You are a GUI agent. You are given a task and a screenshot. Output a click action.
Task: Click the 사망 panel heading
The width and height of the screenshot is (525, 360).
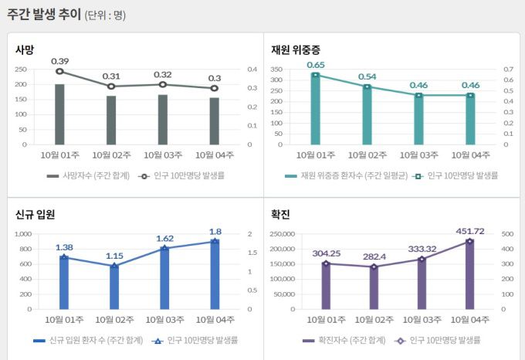pyautogui.click(x=25, y=49)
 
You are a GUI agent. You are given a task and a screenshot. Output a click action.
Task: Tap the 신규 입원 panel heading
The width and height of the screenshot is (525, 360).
pyautogui.click(x=35, y=214)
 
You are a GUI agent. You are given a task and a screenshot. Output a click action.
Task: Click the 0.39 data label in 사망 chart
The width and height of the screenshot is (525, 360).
pyautogui.click(x=60, y=61)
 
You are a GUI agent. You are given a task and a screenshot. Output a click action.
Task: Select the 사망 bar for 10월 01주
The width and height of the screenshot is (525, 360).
pyautogui.click(x=60, y=114)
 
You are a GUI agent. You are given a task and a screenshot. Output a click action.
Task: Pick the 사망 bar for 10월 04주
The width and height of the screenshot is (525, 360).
pyautogui.click(x=214, y=121)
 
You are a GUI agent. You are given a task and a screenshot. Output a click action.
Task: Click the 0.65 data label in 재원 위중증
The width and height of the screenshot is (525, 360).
pyautogui.click(x=315, y=65)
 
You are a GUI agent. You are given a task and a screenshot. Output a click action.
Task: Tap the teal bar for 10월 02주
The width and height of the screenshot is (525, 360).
pyautogui.click(x=367, y=115)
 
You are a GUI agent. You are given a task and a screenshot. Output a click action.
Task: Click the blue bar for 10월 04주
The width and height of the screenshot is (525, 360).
pyautogui.click(x=215, y=275)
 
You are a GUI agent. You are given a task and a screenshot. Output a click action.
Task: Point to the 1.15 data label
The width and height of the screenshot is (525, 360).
pyautogui.click(x=114, y=256)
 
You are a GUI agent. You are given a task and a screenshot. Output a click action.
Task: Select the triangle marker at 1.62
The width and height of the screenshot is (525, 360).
pyautogui.click(x=164, y=248)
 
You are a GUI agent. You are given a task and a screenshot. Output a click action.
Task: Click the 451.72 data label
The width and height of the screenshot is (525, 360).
pyautogui.click(x=469, y=230)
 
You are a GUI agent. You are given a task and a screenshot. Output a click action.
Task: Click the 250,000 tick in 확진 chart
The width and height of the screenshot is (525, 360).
pyautogui.click(x=283, y=234)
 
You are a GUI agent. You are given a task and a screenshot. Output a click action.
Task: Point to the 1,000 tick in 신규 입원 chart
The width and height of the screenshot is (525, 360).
pyautogui.click(x=22, y=234)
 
